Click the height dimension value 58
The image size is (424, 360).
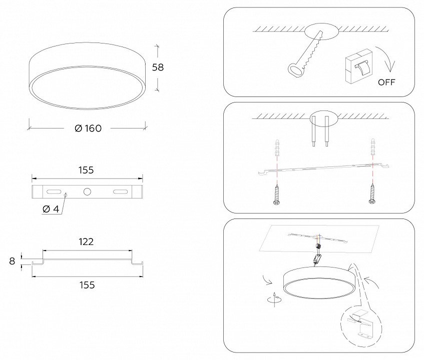[158, 67]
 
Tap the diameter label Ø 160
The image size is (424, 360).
[88, 128]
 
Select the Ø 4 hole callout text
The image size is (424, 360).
[51, 209]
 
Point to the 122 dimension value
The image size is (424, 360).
[86, 241]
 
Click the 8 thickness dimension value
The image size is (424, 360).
[12, 261]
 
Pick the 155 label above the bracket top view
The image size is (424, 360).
[86, 170]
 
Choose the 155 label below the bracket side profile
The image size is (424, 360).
[87, 285]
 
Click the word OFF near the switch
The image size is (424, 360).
[386, 82]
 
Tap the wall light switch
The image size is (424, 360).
[359, 66]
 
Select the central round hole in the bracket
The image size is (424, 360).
[87, 191]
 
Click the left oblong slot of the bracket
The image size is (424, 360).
[54, 191]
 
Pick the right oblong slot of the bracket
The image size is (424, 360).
[120, 191]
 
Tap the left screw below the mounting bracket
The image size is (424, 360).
[276, 194]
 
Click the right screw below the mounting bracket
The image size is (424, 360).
[372, 193]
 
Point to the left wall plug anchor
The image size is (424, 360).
[277, 148]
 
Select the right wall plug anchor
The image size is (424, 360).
[373, 147]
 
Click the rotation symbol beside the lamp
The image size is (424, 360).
[274, 299]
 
